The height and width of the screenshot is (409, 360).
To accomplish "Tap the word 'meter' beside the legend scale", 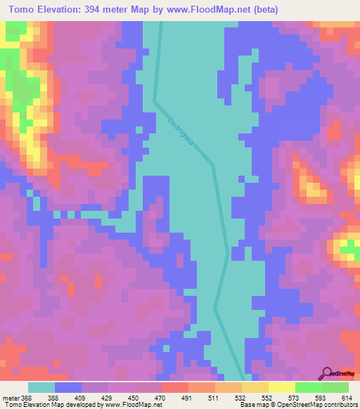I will click(11, 397).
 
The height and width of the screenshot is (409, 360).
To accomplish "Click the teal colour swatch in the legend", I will click(41, 387).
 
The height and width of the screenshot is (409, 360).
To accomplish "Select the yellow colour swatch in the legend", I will click(282, 387).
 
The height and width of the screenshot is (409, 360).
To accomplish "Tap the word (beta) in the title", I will click(262, 10).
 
